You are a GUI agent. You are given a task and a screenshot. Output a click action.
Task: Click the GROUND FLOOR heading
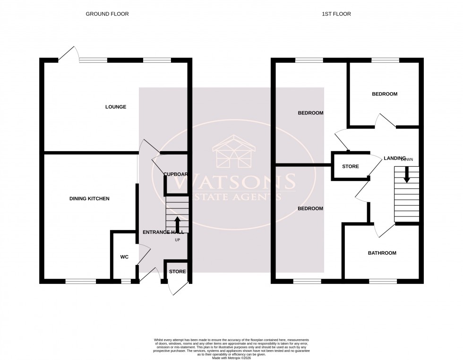107,14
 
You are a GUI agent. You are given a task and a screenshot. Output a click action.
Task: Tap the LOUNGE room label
115,107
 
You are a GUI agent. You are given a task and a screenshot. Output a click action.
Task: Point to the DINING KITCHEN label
89,199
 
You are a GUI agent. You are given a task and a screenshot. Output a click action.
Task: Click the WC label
123,257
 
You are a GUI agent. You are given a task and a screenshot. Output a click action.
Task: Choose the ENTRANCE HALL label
163,232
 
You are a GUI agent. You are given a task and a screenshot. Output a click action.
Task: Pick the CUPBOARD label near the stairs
175,174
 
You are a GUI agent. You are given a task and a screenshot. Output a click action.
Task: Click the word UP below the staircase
178,240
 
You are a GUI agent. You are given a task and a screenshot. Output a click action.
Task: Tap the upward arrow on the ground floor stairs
177,223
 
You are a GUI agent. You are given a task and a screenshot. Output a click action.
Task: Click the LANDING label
394,158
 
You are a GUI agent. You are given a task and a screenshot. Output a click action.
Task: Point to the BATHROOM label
382,253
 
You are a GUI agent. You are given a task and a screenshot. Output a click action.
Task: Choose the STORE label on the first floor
350,166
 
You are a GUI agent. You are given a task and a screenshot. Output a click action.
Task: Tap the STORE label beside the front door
178,272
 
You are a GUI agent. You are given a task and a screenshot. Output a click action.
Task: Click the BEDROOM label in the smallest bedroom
384,94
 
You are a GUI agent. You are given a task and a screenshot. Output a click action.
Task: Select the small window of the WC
126,281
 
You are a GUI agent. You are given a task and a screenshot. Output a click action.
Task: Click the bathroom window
383,281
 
